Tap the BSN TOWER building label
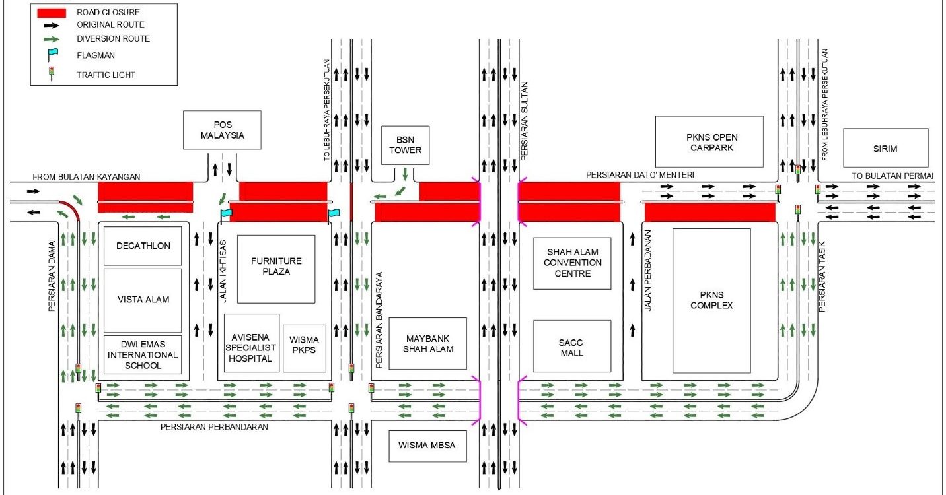(405, 145)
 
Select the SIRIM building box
(885, 148)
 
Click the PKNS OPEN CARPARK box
(709, 142)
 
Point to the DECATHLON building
(143, 246)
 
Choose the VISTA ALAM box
(143, 300)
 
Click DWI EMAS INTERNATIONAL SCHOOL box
(143, 354)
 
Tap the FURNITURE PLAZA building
(276, 269)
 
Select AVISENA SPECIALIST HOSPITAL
(251, 343)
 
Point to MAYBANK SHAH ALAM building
(427, 343)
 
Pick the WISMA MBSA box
(427, 445)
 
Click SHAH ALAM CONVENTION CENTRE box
(573, 263)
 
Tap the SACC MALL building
(573, 347)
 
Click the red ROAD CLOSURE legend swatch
(51, 13)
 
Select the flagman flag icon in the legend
(52, 55)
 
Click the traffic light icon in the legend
(51, 74)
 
